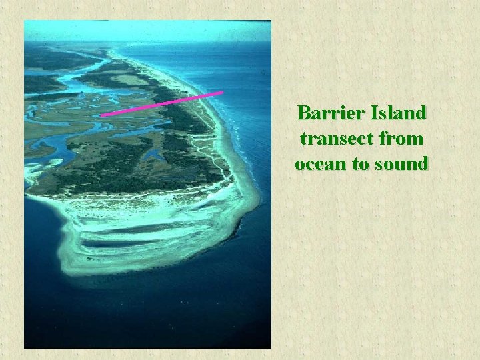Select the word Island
pos(397,113)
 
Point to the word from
pos(402,139)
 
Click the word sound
pos(401,163)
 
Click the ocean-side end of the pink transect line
pos(221,93)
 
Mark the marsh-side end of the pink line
pos(103,115)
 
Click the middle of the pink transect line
pos(162,104)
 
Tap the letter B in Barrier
pos(305,113)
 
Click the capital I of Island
pos(372,113)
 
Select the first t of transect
pos(303,139)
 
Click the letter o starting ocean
pos(301,164)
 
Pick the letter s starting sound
pos(380,164)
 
